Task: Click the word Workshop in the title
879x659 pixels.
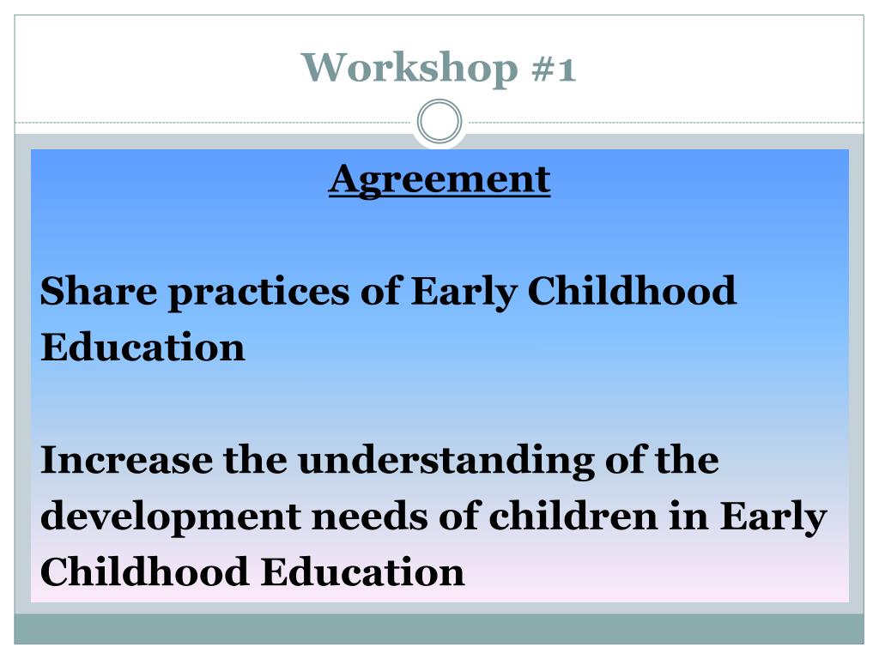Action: click(409, 67)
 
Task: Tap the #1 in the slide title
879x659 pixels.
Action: click(554, 67)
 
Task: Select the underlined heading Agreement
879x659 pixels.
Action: click(439, 179)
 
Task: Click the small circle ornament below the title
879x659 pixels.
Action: click(439, 122)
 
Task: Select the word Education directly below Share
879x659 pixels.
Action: click(142, 348)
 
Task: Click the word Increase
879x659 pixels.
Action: click(126, 460)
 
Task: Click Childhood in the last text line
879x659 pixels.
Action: click(144, 571)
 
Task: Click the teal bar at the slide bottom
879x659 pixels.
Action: click(439, 629)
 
